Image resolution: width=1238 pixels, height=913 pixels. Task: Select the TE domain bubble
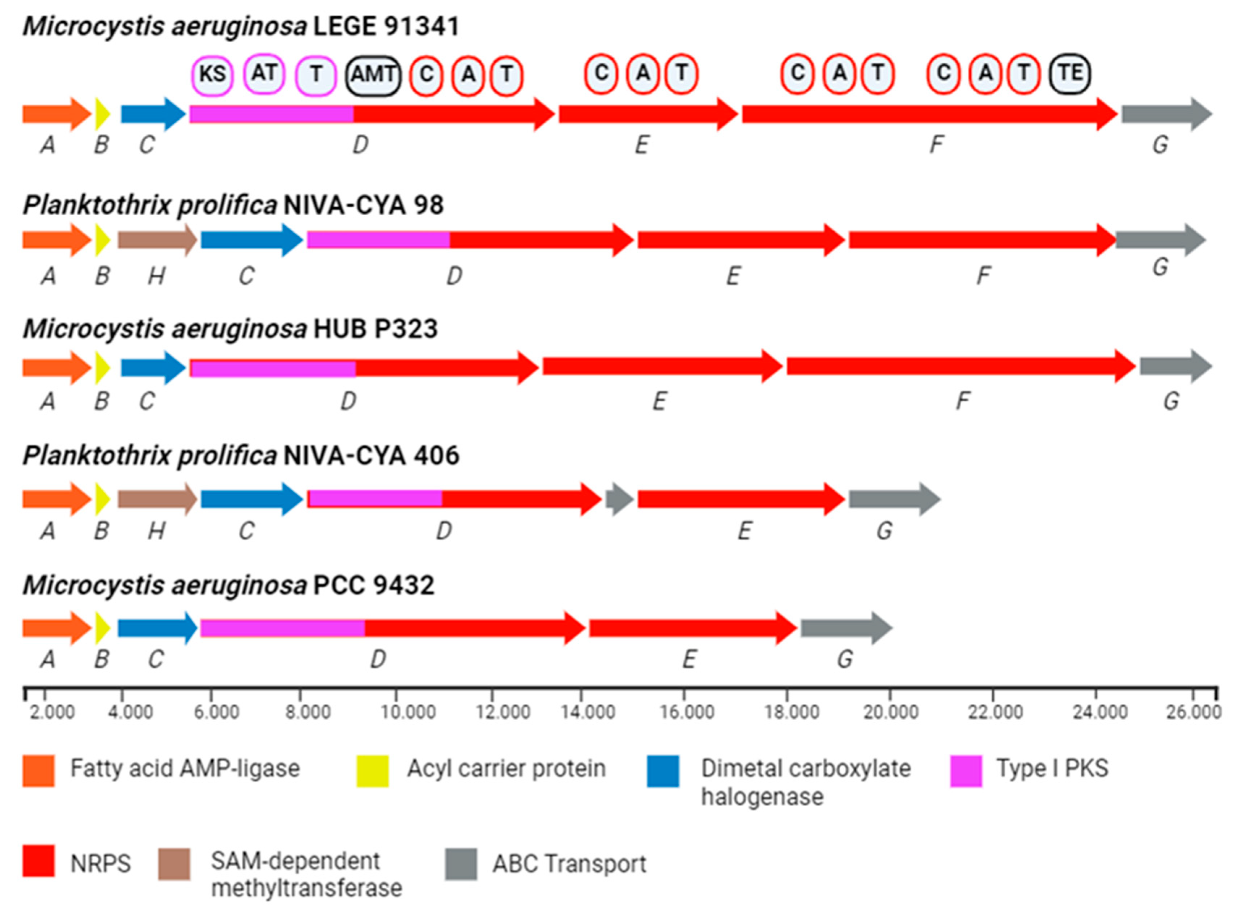[x=1069, y=73]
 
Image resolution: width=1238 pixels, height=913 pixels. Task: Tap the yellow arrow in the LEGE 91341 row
[x=102, y=114]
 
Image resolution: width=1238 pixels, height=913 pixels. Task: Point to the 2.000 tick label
[x=52, y=712]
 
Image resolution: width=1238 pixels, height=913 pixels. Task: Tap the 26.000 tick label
[x=1193, y=712]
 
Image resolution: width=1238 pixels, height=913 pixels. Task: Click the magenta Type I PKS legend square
[x=966, y=770]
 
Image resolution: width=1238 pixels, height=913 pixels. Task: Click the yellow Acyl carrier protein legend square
[x=372, y=770]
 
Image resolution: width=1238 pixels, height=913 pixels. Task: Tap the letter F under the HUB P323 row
[x=963, y=401]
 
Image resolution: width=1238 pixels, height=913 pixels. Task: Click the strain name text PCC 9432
[x=373, y=585]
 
